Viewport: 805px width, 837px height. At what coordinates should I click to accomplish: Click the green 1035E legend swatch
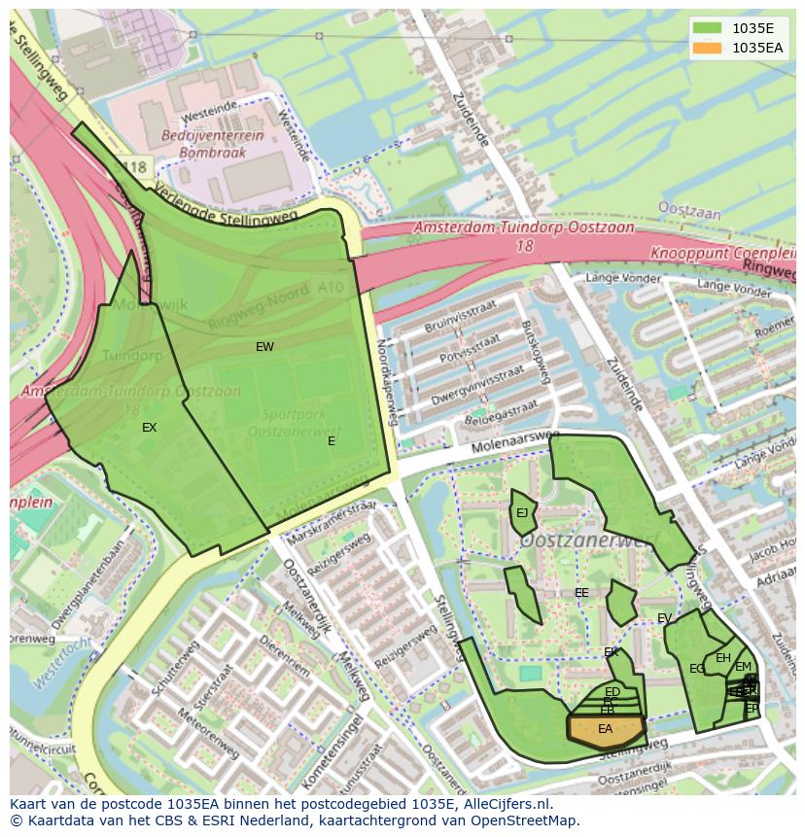707,27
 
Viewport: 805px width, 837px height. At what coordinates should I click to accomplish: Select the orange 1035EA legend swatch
707,47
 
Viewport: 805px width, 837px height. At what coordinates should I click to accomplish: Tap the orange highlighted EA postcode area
606,729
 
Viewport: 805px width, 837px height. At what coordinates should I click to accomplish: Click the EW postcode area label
264,347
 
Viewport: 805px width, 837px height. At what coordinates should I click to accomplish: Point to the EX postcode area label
149,428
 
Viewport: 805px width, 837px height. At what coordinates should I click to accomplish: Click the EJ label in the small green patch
522,513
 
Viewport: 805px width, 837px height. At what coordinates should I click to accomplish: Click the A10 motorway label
331,288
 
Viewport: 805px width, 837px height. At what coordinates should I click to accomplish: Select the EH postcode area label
722,658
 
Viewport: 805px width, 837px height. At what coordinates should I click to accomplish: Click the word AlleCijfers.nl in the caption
505,804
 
